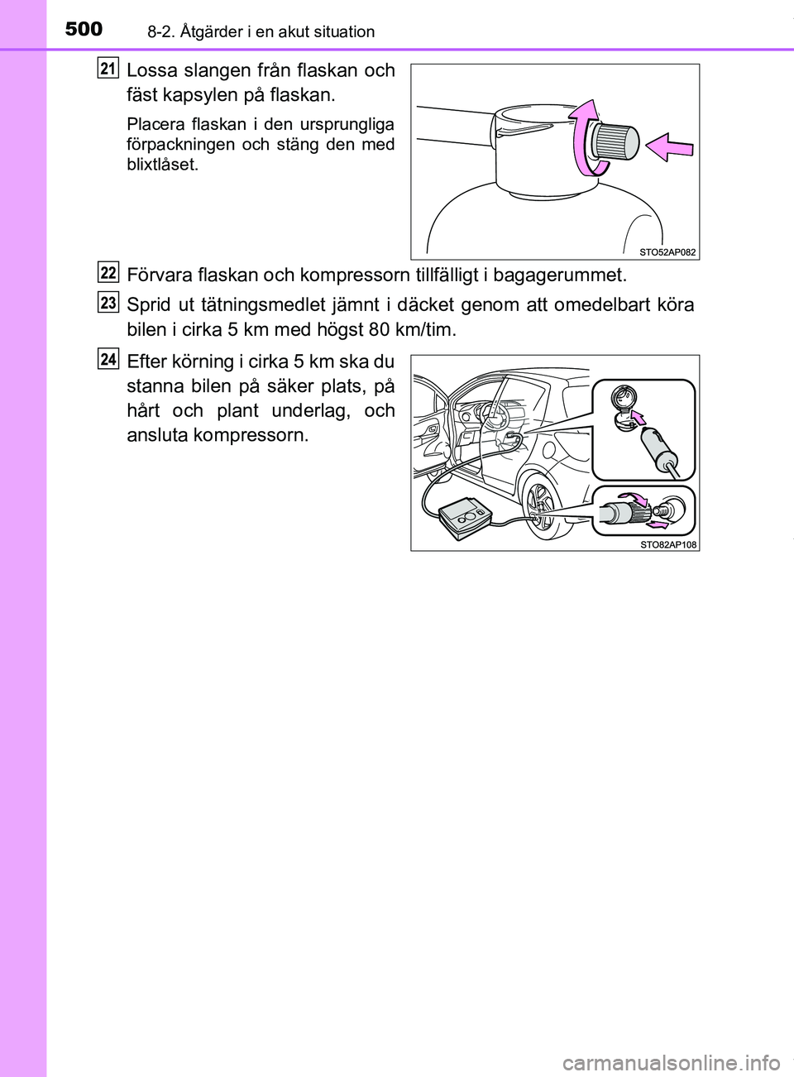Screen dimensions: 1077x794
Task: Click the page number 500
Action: [x=84, y=29]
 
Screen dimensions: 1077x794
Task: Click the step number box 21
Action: [x=108, y=68]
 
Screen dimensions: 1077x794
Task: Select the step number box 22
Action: [x=108, y=272]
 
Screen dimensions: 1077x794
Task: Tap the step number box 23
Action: [x=108, y=303]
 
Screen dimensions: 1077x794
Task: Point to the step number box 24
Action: [x=108, y=359]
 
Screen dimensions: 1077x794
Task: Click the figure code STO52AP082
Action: [x=667, y=251]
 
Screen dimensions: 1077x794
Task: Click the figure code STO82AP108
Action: [x=667, y=543]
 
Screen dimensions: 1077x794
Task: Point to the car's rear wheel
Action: [x=541, y=507]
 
